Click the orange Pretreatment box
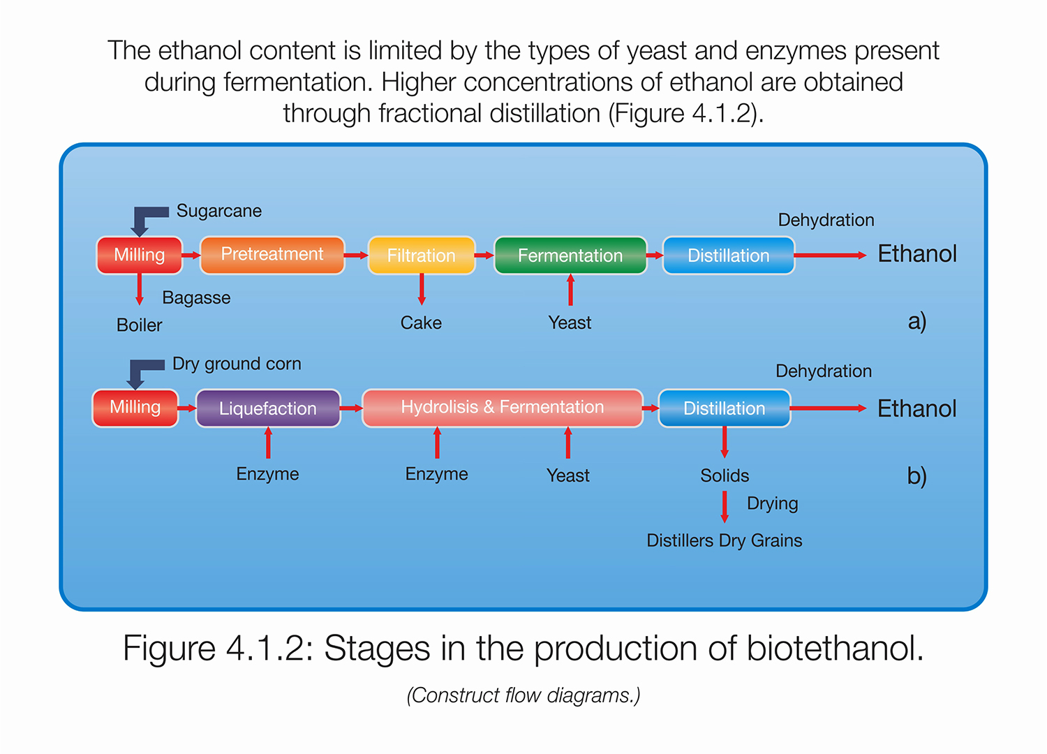tap(272, 255)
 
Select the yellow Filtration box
tap(421, 256)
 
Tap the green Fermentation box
tap(570, 256)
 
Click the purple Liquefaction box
tap(268, 408)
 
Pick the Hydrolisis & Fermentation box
tap(502, 408)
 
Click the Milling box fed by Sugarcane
tap(139, 256)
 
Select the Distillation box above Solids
tap(724, 408)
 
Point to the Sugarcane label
tap(218, 211)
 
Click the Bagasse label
tap(196, 298)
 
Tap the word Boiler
tap(139, 325)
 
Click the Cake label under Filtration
tap(421, 323)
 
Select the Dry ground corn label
tap(237, 364)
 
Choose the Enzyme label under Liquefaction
tap(267, 474)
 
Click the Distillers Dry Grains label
tap(724, 540)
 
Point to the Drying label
tap(772, 503)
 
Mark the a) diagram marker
tap(916, 321)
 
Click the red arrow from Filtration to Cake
tap(422, 289)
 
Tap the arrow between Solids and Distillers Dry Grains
tap(725, 507)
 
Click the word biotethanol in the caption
tap(835, 649)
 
